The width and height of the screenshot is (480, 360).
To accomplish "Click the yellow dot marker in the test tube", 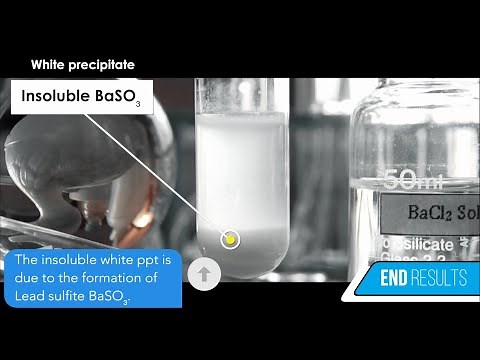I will point(231,239).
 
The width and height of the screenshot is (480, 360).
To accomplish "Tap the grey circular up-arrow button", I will point(204,273).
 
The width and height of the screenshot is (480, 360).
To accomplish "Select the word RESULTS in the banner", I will point(442,278).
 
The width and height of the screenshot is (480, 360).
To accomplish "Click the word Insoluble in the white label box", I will point(52,98).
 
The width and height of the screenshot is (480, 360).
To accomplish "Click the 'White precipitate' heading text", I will point(83,65).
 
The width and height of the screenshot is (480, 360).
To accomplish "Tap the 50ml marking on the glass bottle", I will point(410,180).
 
